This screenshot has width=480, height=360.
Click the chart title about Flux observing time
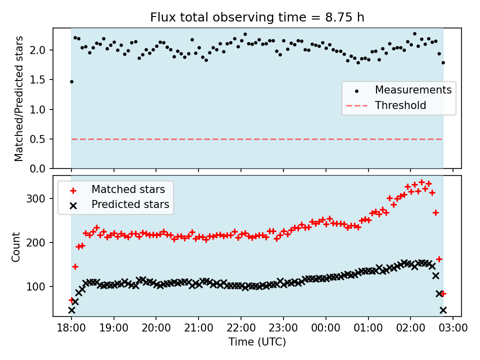(257, 17)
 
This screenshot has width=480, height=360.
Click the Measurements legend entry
(413, 90)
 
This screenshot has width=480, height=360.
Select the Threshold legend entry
(400, 105)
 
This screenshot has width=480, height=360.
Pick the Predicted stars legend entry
(130, 204)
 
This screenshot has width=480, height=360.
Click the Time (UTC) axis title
(257, 342)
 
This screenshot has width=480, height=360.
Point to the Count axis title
(16, 246)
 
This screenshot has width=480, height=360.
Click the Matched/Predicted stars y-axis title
(19, 98)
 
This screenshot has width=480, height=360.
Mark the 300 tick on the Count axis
(39, 198)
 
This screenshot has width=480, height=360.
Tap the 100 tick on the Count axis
(39, 286)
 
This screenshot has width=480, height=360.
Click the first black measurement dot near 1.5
(71, 81)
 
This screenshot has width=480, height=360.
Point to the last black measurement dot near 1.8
(443, 62)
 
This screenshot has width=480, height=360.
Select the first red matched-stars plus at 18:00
(71, 300)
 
